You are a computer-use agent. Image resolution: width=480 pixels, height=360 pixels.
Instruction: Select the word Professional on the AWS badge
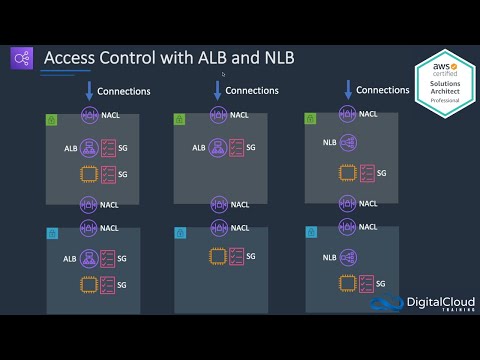point(445,129)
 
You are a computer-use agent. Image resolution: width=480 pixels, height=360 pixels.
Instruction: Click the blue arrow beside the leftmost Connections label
point(88,92)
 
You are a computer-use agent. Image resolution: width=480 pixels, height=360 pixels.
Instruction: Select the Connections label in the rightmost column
point(383,90)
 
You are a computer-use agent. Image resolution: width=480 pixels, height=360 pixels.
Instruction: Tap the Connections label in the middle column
point(252,91)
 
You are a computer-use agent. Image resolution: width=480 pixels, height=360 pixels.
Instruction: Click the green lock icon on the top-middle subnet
point(180,118)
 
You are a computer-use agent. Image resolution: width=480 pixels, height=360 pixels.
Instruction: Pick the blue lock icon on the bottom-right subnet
point(311,232)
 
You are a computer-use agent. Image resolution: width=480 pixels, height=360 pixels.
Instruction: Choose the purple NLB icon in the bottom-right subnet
point(349,258)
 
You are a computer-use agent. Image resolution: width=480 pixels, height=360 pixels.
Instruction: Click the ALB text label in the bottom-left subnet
point(69,259)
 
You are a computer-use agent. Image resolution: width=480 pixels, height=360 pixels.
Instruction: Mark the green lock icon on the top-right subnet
point(311,118)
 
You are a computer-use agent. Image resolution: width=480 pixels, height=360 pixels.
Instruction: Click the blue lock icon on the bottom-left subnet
point(51,232)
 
